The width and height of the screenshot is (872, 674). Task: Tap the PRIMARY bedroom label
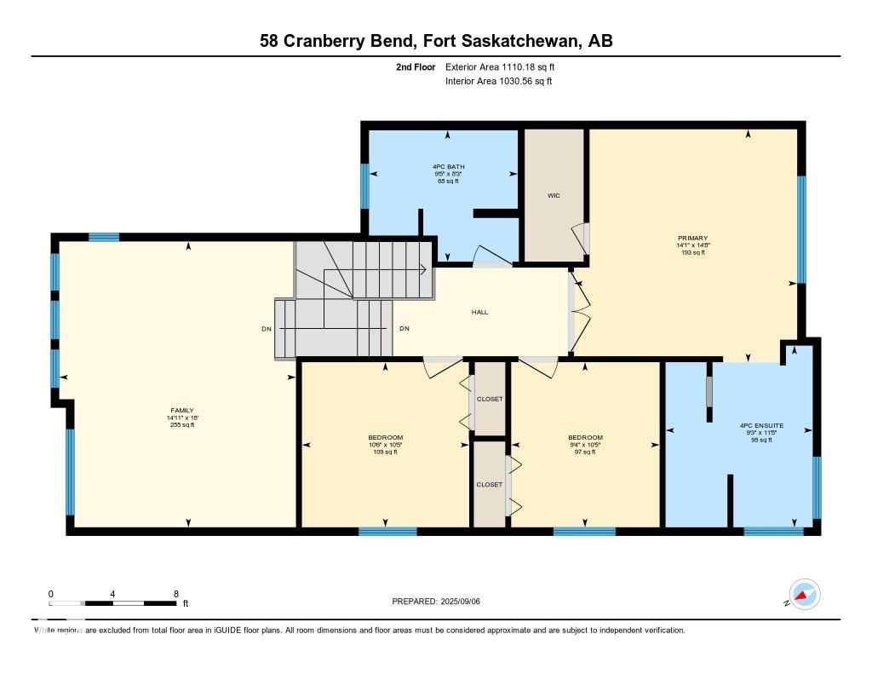coord(692,238)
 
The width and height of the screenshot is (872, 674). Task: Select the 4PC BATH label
coord(448,166)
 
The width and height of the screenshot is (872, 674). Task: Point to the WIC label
coord(554,195)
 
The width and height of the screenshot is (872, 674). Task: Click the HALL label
coord(479,312)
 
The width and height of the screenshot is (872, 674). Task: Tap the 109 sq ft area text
coord(386,452)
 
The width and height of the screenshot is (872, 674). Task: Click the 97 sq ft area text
coord(585,452)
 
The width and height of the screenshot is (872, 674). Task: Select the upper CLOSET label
coord(490,399)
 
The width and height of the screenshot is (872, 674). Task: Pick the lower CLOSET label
coord(490,484)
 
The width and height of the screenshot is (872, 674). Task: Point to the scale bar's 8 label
coord(175,594)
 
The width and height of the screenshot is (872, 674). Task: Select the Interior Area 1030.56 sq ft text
coord(498,82)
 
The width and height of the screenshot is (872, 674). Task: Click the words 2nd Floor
coord(416,66)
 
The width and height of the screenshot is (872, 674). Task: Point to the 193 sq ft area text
coord(692,253)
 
